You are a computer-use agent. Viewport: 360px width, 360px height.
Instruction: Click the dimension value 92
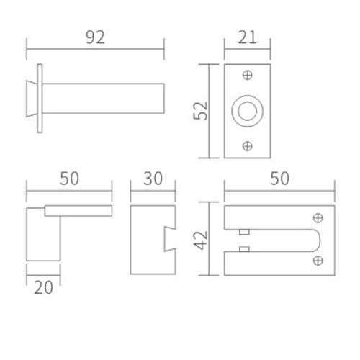point(95,37)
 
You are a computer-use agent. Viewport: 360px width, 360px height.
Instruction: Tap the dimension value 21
point(247,37)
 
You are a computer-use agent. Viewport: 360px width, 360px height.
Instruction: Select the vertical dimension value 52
point(200,111)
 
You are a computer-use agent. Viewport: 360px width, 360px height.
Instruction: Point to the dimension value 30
point(153,179)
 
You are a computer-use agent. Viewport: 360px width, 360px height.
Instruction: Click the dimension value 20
point(43,287)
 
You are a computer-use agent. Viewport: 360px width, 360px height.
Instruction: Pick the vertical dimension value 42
point(200,240)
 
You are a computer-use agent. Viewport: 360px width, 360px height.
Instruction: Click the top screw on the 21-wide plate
point(247,75)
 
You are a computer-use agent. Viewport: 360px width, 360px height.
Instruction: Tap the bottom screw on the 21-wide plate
point(247,146)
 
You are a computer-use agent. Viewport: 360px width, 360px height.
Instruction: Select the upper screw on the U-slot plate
point(318,218)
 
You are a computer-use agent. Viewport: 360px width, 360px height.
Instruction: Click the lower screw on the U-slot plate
point(318,261)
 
